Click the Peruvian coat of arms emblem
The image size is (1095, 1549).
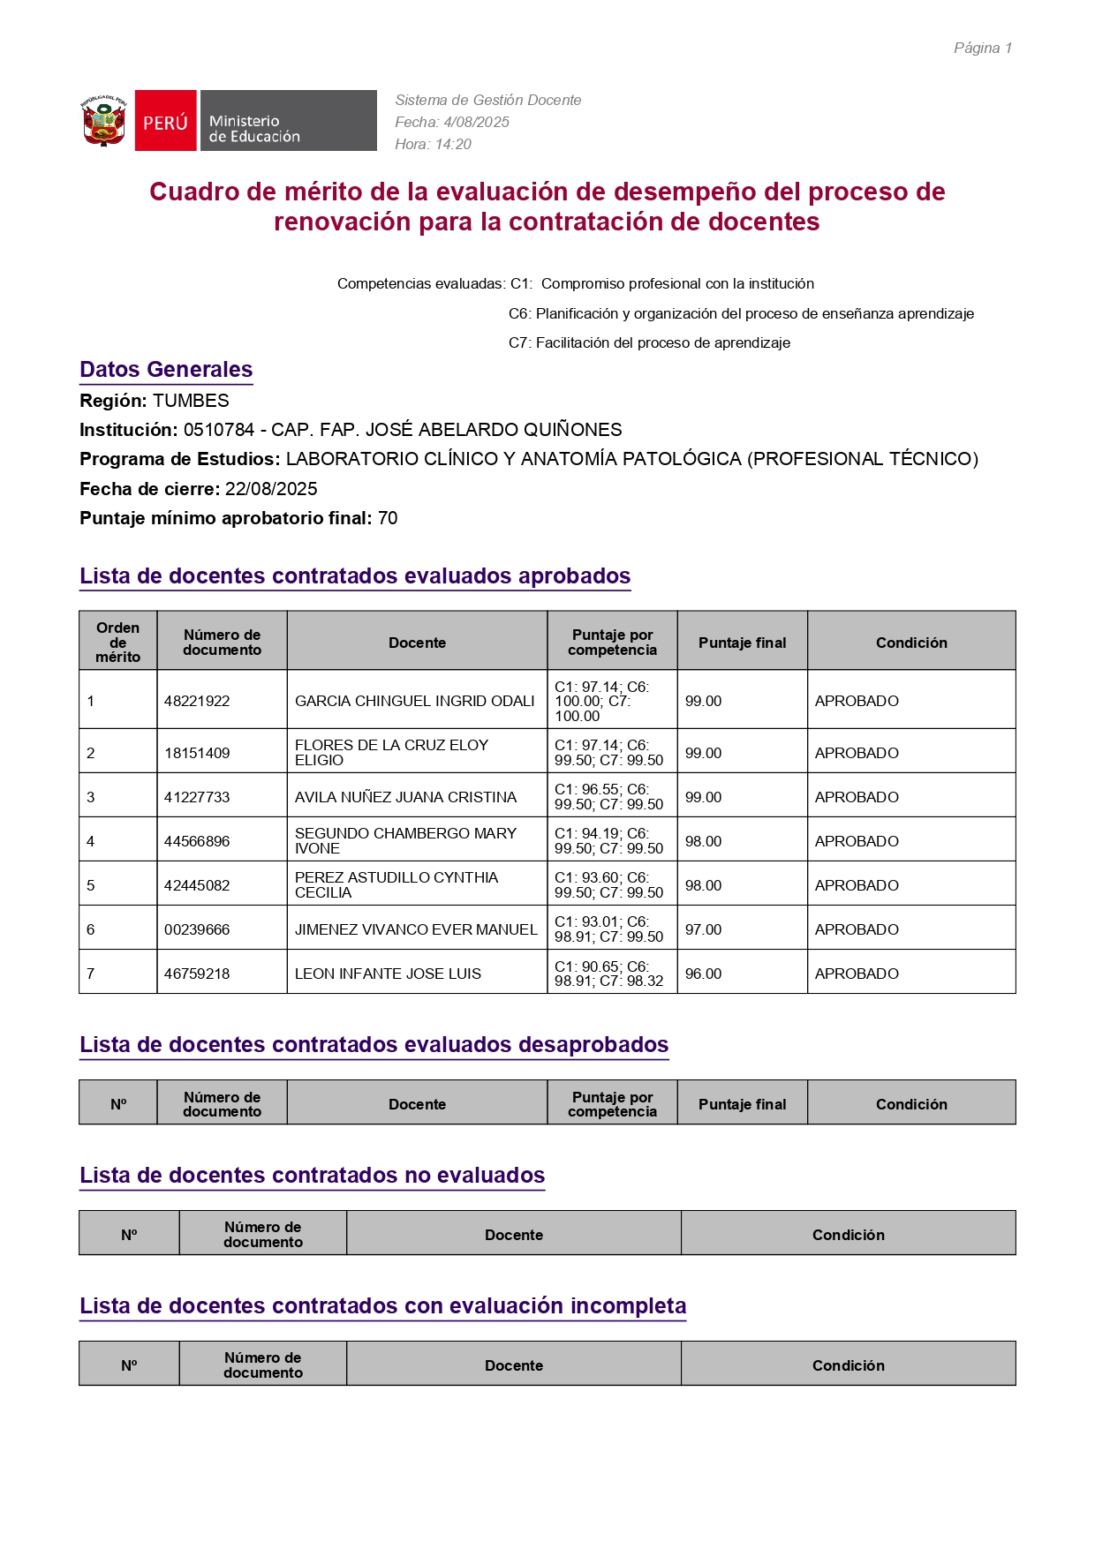tap(104, 121)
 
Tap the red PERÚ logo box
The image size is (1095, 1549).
tap(166, 121)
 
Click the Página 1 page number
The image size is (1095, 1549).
tap(982, 49)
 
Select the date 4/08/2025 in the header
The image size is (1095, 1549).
tap(476, 123)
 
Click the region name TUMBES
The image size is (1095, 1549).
tap(191, 401)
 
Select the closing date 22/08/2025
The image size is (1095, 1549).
tap(271, 489)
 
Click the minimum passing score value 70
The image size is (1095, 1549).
tap(388, 518)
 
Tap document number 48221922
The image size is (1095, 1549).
tap(197, 701)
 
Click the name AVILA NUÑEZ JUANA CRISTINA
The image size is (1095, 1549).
tap(405, 797)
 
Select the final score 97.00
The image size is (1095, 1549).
tap(703, 929)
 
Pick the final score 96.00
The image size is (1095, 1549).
tap(703, 974)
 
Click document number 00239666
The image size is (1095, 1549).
tap(197, 929)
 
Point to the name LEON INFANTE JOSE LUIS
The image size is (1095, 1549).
tap(388, 974)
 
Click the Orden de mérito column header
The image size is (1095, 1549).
tap(117, 642)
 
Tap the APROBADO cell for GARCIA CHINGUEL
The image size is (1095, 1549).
tap(857, 701)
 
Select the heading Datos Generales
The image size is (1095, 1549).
tap(166, 370)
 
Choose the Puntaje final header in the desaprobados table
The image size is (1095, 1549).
tap(742, 1104)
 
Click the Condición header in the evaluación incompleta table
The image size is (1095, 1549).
tap(848, 1365)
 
